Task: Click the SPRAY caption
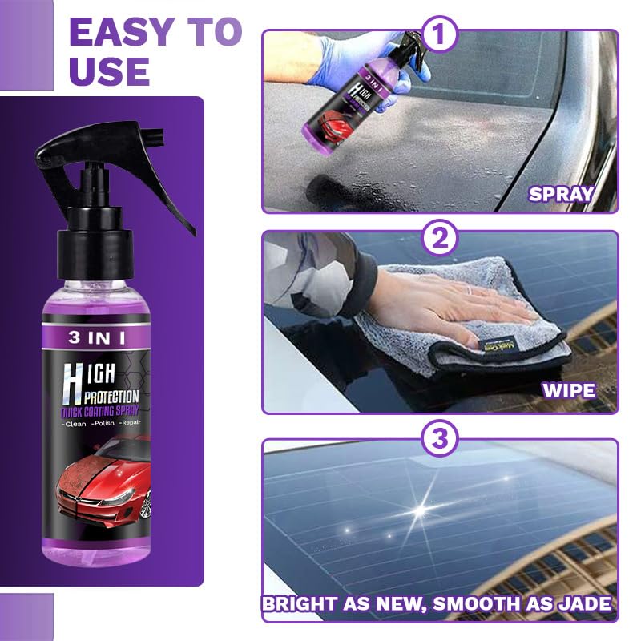pos(560,193)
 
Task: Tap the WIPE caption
pos(568,391)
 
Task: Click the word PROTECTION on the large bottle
pos(107,396)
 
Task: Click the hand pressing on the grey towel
pos(457,300)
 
